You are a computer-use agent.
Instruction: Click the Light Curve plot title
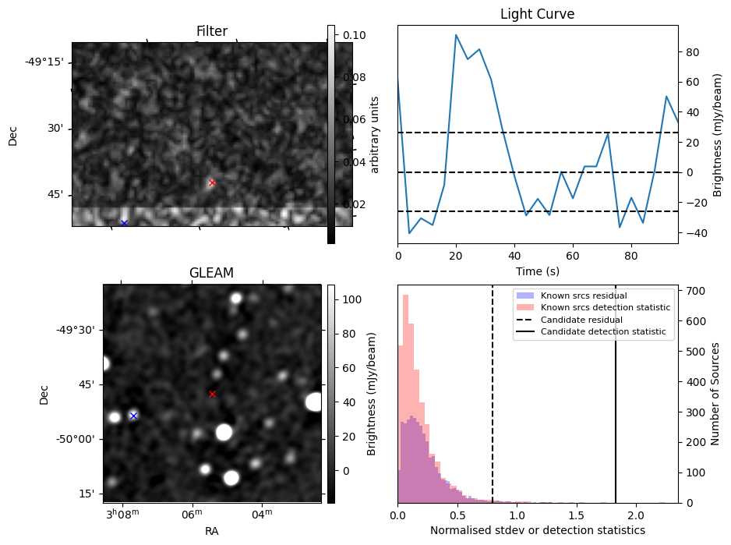click(537, 14)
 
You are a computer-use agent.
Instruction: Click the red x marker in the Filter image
click(212, 182)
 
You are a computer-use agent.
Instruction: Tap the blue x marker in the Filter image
click(124, 223)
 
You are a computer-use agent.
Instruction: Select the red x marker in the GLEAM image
click(212, 394)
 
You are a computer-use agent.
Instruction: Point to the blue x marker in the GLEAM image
click(133, 416)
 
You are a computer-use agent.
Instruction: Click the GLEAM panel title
click(211, 273)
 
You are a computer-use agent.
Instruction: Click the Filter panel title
click(211, 31)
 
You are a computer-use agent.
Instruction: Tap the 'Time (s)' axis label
click(537, 271)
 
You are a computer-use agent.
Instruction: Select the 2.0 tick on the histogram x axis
click(636, 515)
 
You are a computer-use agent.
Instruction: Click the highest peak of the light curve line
click(456, 35)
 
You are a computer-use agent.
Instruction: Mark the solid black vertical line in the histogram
click(616, 405)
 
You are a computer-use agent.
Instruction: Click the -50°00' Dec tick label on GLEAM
click(75, 439)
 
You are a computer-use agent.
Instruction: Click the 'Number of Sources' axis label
click(716, 393)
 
